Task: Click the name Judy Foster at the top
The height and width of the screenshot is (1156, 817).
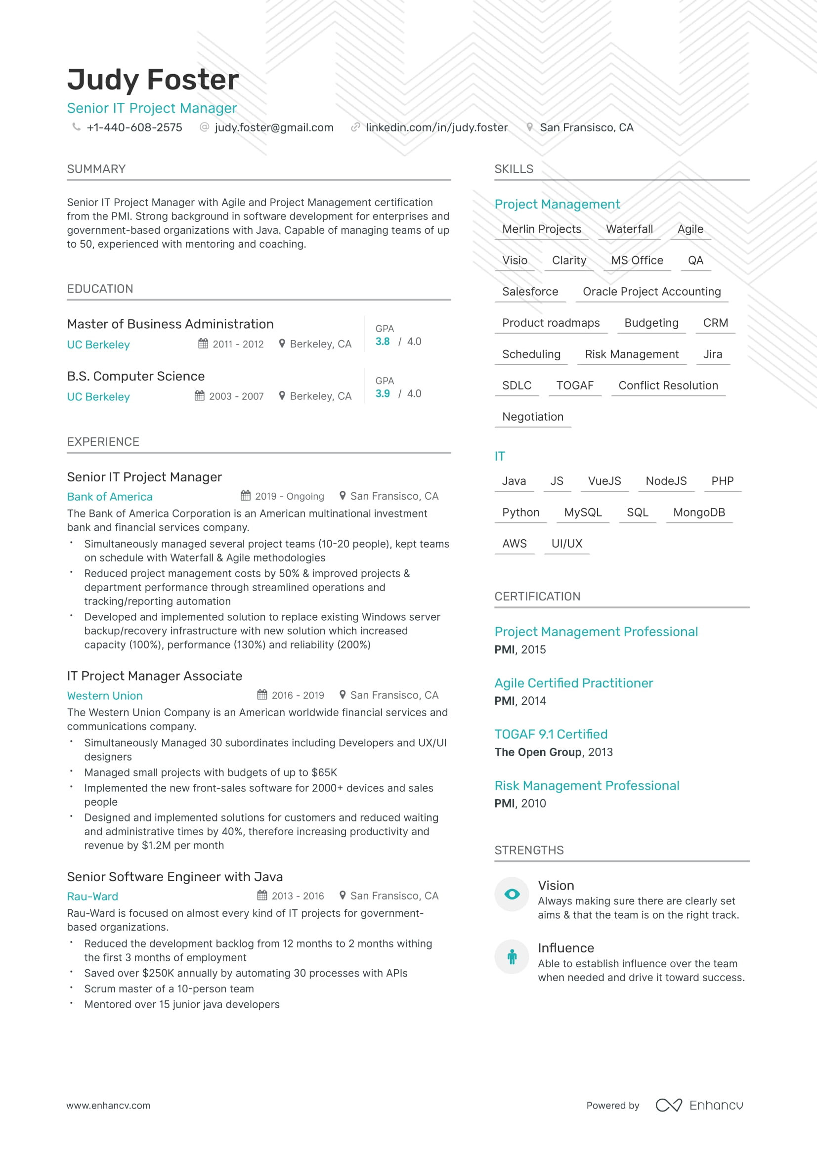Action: [x=153, y=80]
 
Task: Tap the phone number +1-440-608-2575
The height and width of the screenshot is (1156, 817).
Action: [x=134, y=128]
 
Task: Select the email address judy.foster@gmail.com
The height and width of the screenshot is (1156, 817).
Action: [x=274, y=128]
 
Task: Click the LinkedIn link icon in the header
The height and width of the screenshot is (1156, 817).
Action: [x=355, y=128]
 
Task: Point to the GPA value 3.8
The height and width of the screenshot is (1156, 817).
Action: [x=382, y=342]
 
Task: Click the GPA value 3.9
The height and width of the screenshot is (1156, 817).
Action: [x=382, y=394]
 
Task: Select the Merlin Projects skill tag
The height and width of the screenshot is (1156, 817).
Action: [x=541, y=229]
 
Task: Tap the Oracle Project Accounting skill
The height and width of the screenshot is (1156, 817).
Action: [x=651, y=292]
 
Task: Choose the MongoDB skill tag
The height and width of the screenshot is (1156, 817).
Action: [x=699, y=513]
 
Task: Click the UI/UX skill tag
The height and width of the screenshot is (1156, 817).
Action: [x=566, y=544]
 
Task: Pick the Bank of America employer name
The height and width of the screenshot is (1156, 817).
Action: [x=110, y=497]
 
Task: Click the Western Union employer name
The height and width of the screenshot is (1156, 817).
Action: [x=105, y=696]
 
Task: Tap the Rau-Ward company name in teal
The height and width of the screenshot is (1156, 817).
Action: [x=92, y=897]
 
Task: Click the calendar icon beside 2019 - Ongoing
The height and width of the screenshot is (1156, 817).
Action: [x=246, y=496]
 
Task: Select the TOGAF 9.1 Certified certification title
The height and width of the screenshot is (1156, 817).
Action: [x=551, y=734]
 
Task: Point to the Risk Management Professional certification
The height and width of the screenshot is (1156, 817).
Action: [x=587, y=786]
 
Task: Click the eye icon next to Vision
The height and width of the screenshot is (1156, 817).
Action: [x=512, y=894]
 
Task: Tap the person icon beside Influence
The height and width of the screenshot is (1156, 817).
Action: [x=512, y=957]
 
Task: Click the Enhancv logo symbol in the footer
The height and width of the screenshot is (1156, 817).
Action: [x=669, y=1106]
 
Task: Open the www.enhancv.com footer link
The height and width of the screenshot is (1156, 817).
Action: [x=108, y=1106]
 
